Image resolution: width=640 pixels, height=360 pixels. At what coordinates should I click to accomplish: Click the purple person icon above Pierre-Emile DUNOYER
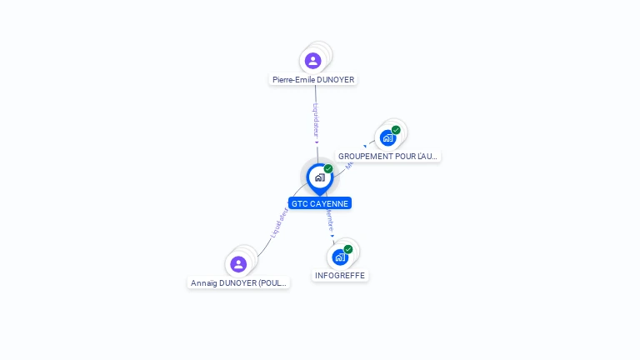(x=312, y=61)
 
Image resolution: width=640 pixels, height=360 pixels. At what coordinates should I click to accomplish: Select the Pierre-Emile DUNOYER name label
(x=313, y=80)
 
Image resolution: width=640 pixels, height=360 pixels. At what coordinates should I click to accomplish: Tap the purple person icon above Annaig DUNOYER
(x=238, y=264)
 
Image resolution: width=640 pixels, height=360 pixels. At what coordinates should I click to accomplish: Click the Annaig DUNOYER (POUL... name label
(x=238, y=283)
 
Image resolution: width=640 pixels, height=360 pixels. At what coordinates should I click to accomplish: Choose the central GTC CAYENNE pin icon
(x=319, y=177)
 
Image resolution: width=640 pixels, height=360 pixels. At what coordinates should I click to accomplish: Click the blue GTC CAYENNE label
(x=320, y=203)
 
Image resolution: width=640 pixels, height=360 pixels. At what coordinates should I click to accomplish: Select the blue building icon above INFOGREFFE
(x=340, y=257)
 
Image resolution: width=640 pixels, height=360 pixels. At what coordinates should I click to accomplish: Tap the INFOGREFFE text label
(x=340, y=276)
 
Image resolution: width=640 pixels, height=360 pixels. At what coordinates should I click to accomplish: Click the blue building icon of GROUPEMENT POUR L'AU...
(x=387, y=137)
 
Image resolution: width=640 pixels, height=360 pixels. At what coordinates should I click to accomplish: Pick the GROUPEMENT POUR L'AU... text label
(x=387, y=157)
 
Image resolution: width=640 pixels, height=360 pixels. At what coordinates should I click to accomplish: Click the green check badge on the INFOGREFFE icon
(x=348, y=249)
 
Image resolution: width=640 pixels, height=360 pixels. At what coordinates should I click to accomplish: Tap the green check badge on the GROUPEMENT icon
(x=396, y=130)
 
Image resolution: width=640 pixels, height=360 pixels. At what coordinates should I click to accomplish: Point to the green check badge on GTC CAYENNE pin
(x=328, y=169)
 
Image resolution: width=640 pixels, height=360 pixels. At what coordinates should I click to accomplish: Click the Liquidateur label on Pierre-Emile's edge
(x=316, y=119)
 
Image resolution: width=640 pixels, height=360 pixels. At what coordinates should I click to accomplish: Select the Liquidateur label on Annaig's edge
(x=279, y=222)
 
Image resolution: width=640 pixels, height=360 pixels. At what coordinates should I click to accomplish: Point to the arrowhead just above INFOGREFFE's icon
(x=332, y=237)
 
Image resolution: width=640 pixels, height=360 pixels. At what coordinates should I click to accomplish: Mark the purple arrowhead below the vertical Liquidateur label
(x=317, y=142)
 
